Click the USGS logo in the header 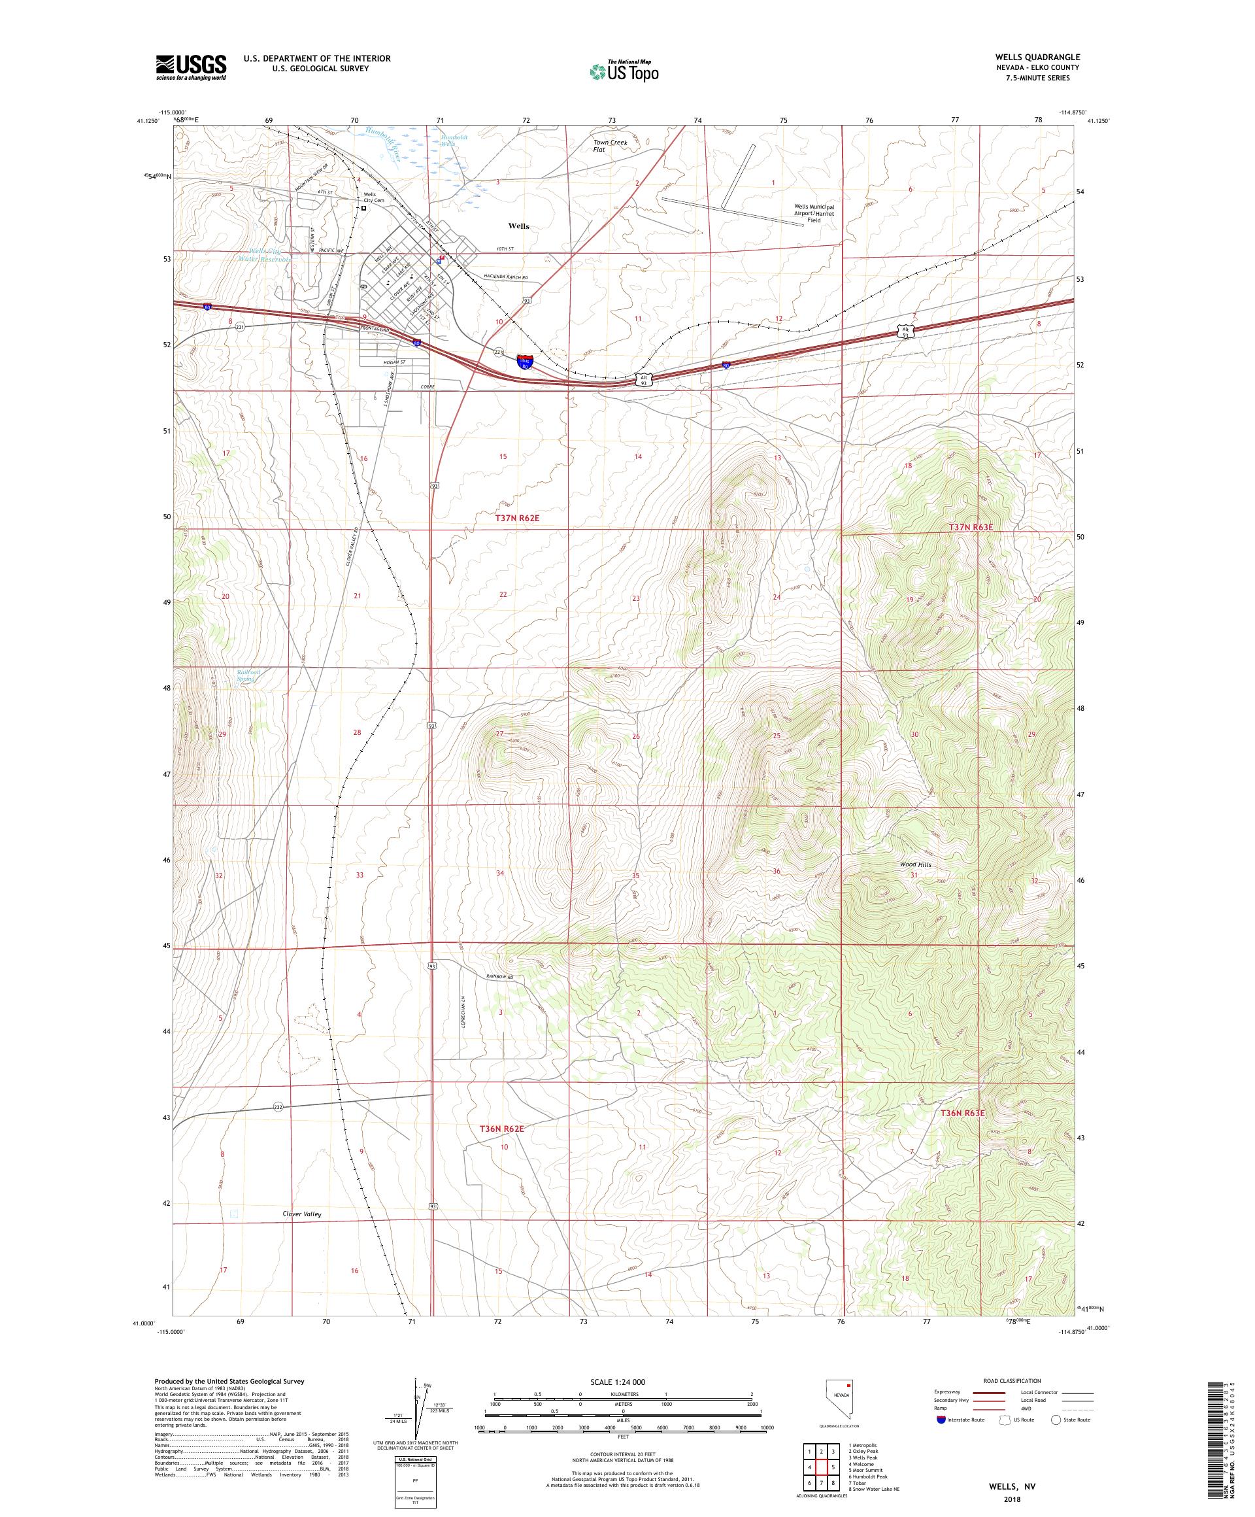click(x=192, y=67)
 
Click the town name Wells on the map click(x=518, y=226)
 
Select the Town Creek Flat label click(x=610, y=146)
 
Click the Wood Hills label click(x=915, y=864)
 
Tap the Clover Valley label click(x=302, y=1214)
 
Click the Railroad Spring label click(x=248, y=675)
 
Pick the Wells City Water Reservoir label click(x=266, y=255)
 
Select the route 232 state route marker click(x=278, y=1106)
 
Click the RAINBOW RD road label click(x=503, y=977)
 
